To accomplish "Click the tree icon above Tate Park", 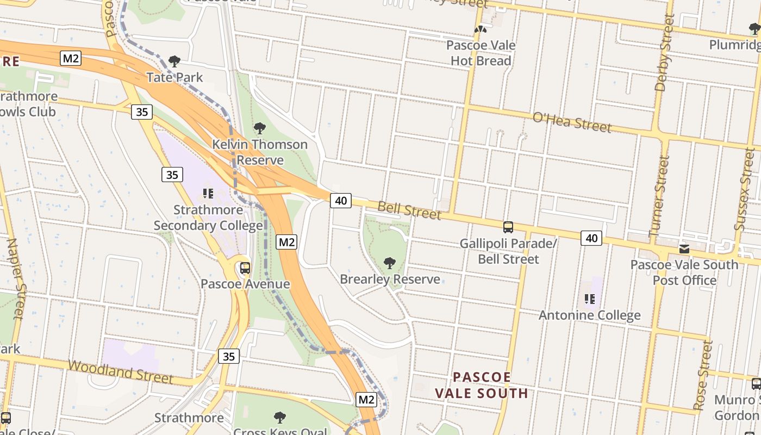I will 174,61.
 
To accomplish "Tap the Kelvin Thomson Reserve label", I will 260,152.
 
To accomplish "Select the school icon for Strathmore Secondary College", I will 208,193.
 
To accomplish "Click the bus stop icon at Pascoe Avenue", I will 245,268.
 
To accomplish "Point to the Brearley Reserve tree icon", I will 389,263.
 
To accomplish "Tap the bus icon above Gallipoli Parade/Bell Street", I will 508,227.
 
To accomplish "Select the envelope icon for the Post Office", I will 684,248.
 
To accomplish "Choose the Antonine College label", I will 589,315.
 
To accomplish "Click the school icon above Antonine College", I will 590,299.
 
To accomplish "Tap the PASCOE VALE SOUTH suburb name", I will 482,385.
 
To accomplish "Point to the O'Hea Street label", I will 572,122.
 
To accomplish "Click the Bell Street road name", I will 409,210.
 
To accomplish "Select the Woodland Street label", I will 121,371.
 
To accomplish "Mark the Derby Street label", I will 664,52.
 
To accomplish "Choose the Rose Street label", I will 703,375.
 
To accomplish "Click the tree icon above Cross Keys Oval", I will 280,418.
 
